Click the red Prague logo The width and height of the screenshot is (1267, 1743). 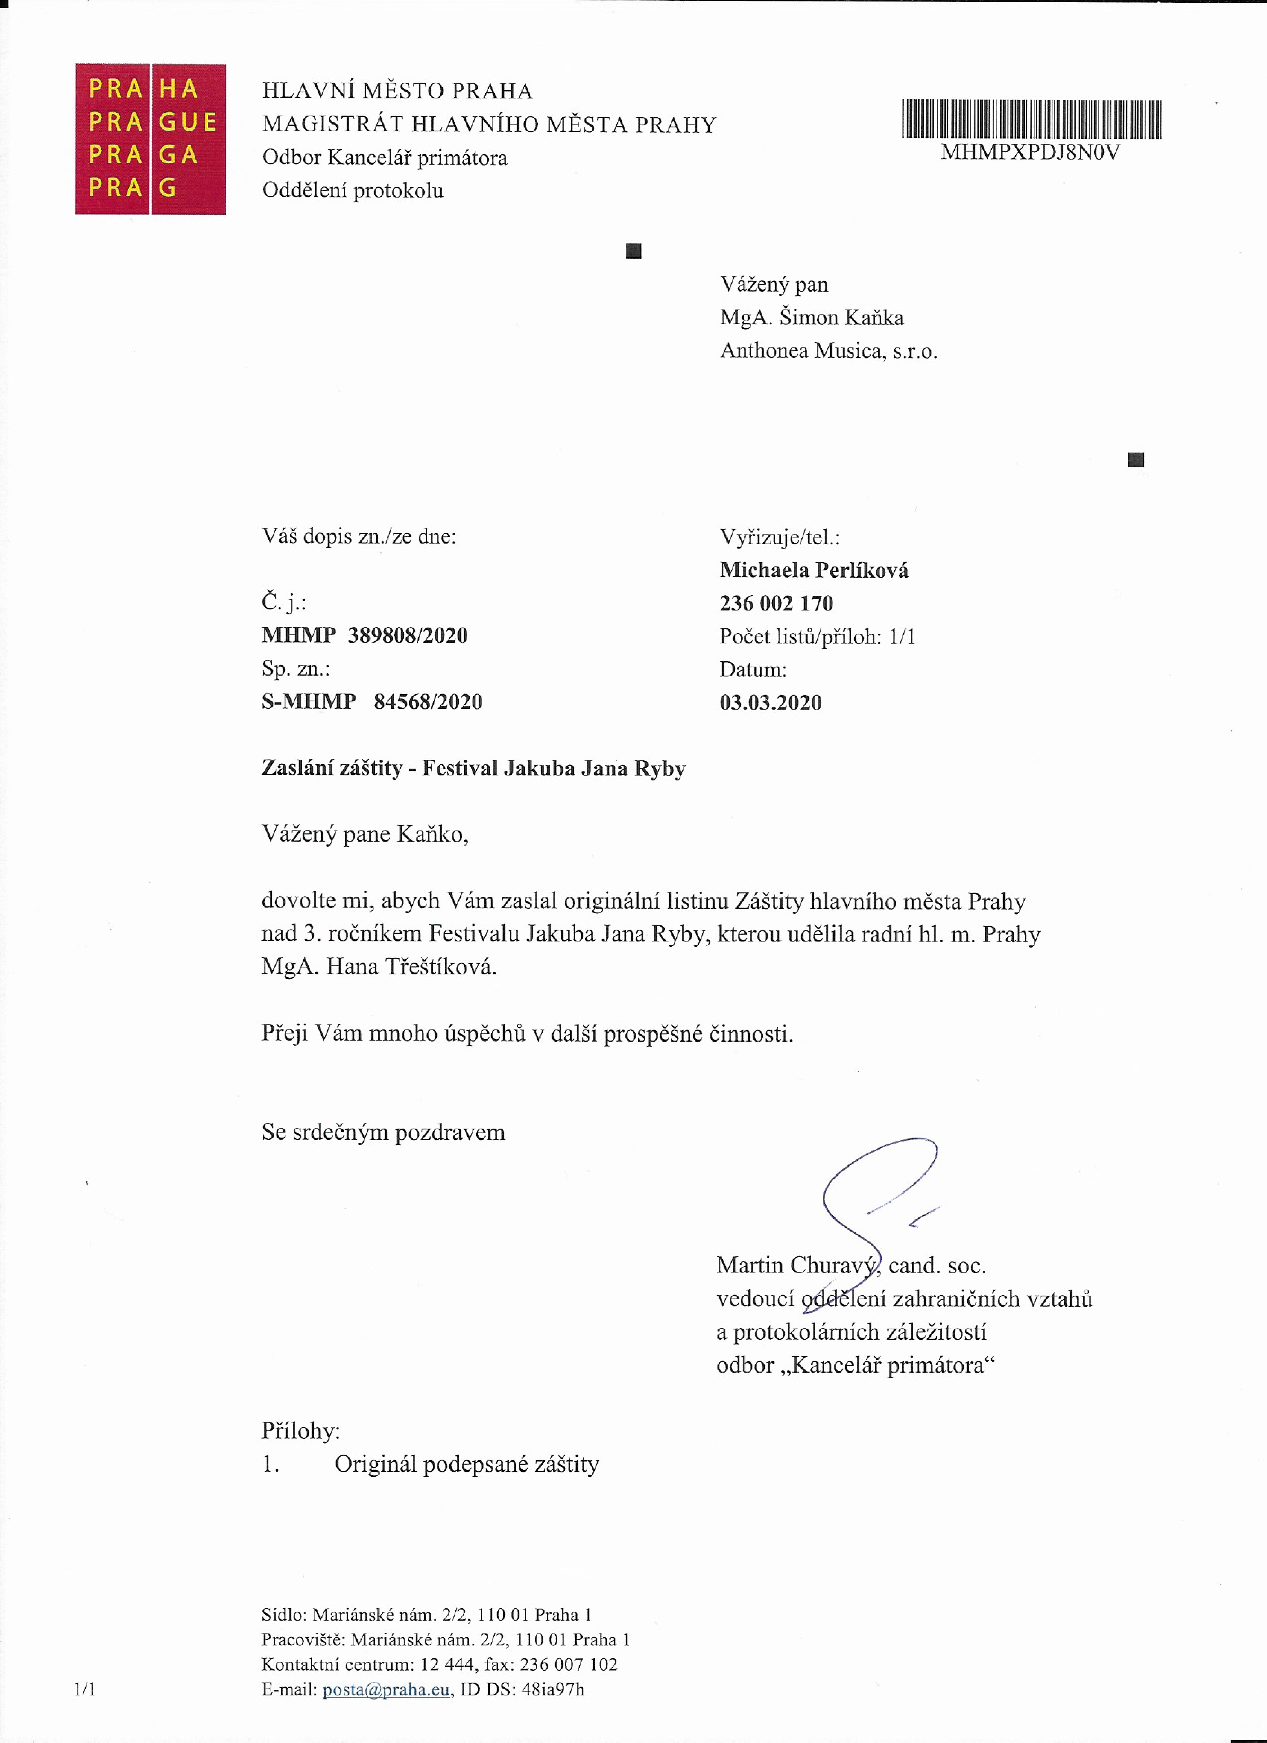[x=150, y=139]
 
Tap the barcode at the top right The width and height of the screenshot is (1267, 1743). [x=1031, y=119]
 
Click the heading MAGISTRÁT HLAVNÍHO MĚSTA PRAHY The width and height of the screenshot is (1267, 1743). [x=489, y=125]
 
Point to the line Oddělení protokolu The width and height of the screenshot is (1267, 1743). [x=353, y=191]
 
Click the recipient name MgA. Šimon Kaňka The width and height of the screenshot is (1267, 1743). [x=811, y=317]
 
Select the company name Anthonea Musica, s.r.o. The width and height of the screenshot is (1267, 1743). [x=828, y=351]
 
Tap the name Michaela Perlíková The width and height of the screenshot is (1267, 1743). [x=814, y=570]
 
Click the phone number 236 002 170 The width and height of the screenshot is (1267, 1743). [x=776, y=603]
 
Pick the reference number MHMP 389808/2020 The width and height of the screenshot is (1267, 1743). [x=364, y=636]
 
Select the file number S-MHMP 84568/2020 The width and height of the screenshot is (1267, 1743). [x=372, y=702]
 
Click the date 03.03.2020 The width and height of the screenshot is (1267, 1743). [x=771, y=702]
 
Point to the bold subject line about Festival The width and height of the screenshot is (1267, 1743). [x=473, y=769]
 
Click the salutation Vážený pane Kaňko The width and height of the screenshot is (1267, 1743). [x=365, y=834]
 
